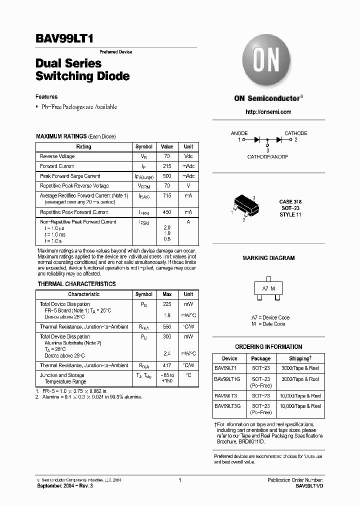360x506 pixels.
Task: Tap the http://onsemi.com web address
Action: (x=268, y=112)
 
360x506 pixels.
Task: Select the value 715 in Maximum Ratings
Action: (x=167, y=196)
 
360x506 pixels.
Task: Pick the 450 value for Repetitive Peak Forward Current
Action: (x=167, y=212)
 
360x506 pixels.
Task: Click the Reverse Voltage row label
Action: (x=57, y=156)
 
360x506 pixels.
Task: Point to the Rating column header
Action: (x=83, y=147)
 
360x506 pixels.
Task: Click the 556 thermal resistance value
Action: (x=167, y=327)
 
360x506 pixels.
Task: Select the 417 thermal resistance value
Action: (x=167, y=366)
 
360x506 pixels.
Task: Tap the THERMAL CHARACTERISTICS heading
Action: (x=76, y=284)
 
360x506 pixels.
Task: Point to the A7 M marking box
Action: (x=268, y=289)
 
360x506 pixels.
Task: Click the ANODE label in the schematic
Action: (x=239, y=133)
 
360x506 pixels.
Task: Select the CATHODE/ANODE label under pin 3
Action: (x=267, y=156)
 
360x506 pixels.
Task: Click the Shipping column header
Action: (x=300, y=358)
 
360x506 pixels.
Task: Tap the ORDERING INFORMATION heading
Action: (x=268, y=347)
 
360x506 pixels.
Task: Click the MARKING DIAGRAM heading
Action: (x=268, y=258)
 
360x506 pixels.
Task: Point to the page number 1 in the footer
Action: (x=179, y=480)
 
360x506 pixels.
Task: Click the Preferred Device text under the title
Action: (x=116, y=52)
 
